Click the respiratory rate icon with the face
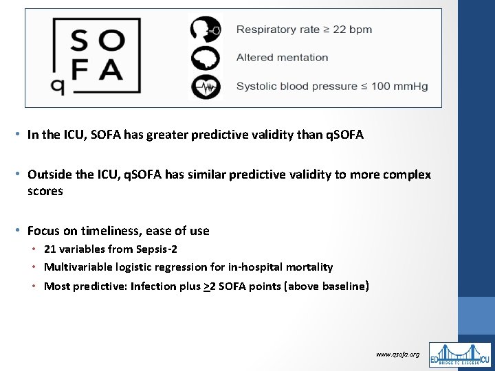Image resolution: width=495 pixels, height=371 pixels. click(206, 30)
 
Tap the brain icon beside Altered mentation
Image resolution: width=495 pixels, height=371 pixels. click(206, 58)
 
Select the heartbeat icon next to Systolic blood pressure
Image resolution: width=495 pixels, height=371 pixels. click(206, 87)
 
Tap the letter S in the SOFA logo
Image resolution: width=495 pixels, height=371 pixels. click(80, 41)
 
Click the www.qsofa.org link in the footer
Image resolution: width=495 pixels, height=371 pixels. click(397, 354)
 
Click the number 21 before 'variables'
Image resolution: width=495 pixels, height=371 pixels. click(50, 249)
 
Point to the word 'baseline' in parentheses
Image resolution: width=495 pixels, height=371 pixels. click(341, 286)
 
